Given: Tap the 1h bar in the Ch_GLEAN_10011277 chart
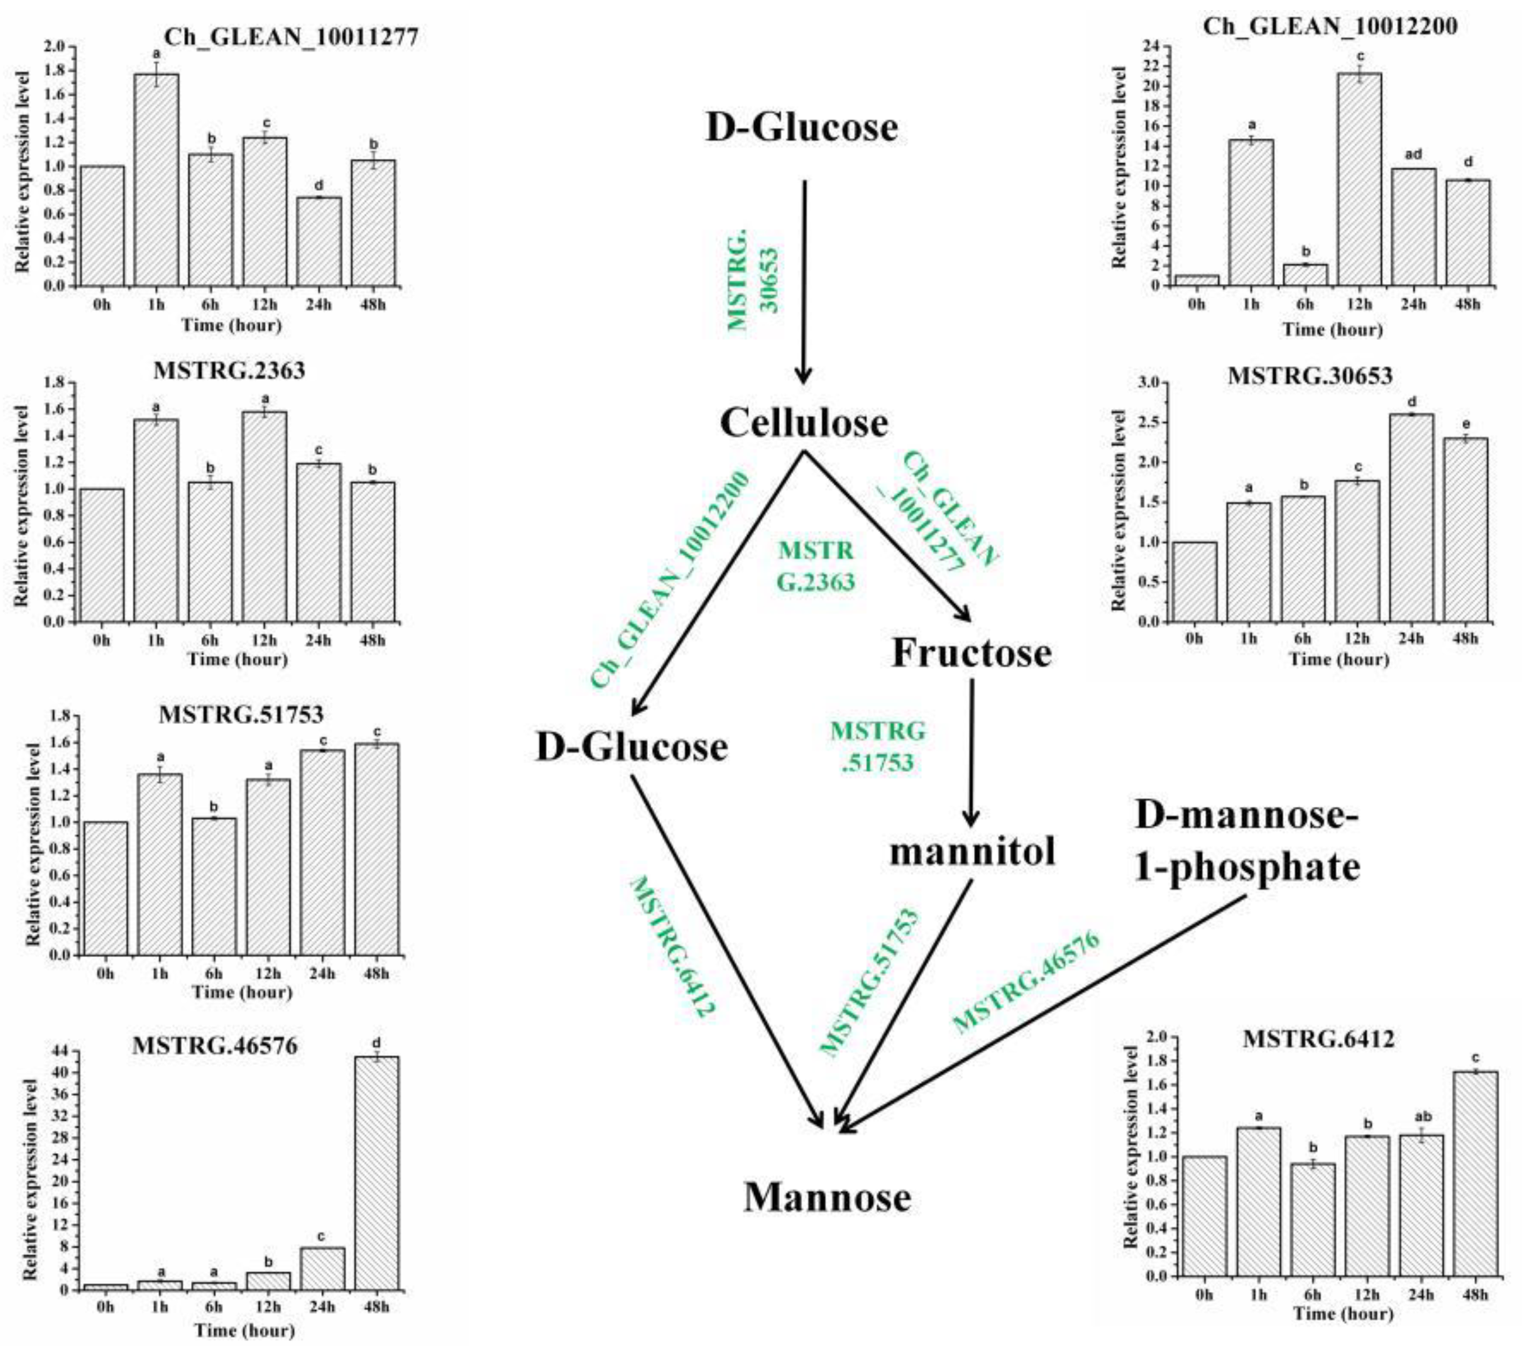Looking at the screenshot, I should (156, 178).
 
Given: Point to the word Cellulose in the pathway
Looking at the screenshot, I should (804, 424).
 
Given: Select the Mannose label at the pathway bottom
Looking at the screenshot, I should (827, 1197).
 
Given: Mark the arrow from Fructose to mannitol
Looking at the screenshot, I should (970, 752).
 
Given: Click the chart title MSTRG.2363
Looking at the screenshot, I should (229, 370).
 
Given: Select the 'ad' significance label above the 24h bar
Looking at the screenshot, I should (1413, 154).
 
